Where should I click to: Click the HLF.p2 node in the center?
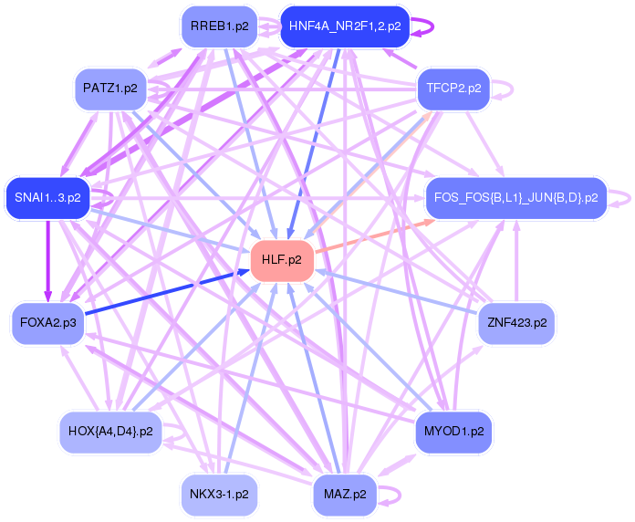click(283, 261)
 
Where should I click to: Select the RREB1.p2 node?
click(219, 26)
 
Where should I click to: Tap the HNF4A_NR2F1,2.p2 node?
click(345, 26)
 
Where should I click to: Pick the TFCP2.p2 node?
click(454, 89)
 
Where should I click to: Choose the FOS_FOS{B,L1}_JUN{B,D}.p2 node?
click(516, 197)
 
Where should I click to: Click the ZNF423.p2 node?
click(516, 323)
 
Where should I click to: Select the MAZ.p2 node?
click(345, 494)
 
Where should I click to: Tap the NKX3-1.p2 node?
click(219, 494)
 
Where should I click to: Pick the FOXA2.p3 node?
click(47, 323)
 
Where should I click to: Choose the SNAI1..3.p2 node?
click(47, 197)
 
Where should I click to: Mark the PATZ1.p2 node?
click(110, 89)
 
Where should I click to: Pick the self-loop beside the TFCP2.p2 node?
click(506, 89)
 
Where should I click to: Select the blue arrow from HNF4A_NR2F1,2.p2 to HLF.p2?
click(315, 141)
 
